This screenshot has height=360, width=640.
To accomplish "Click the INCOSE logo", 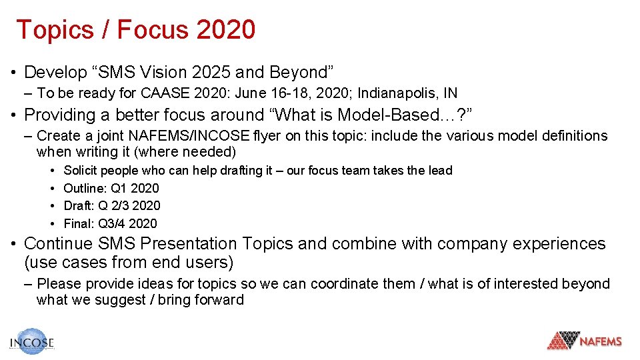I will tap(31, 341).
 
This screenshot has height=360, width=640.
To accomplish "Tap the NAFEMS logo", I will tap(585, 341).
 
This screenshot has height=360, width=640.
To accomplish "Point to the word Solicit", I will tap(81, 171).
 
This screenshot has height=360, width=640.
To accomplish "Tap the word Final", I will tap(77, 223).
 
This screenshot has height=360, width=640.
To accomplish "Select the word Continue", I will tap(59, 244).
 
